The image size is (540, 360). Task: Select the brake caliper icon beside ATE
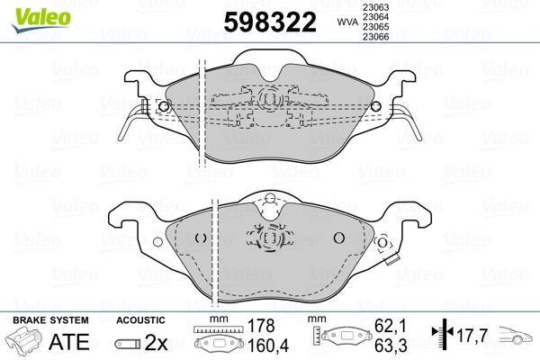27,342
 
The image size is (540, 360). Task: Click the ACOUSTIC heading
142,320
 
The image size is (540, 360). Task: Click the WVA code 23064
376,17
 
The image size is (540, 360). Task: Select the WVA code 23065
376,28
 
